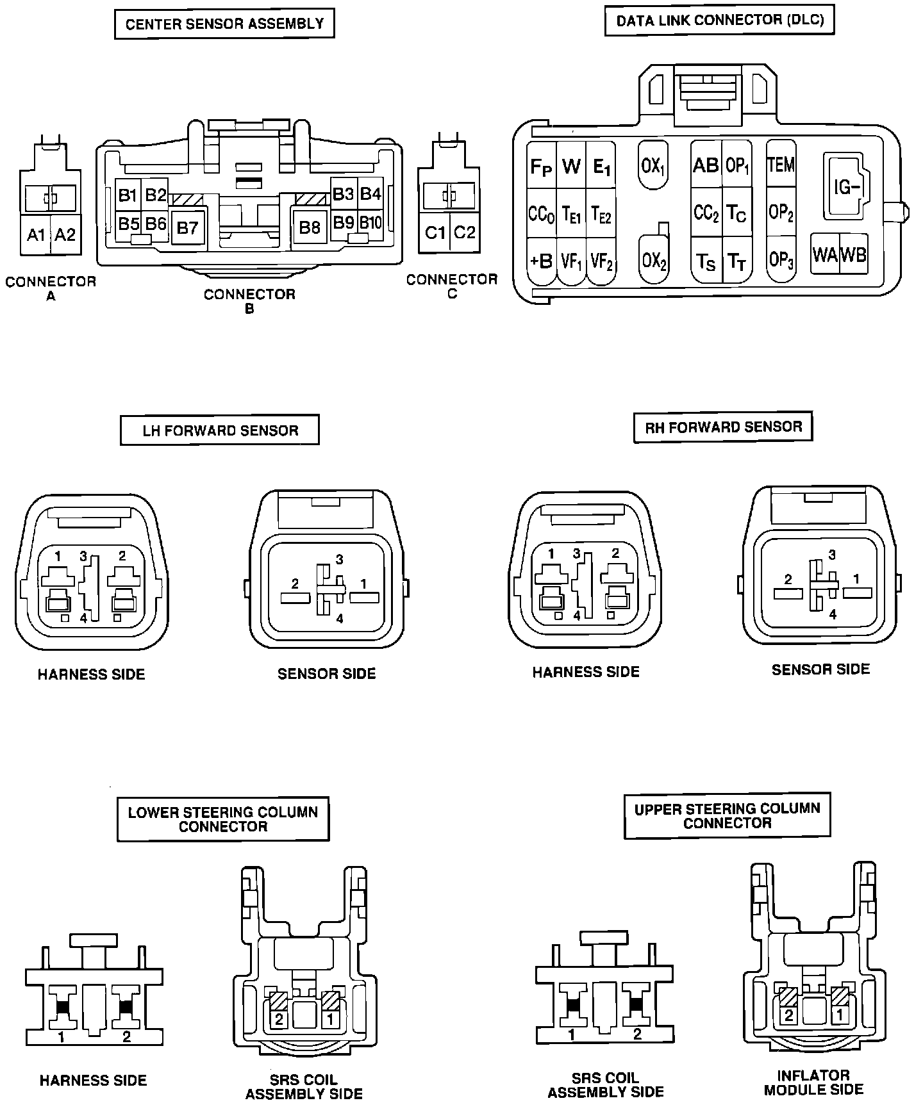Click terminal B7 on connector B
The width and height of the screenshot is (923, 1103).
click(188, 227)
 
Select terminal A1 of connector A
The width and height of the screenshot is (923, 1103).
click(36, 234)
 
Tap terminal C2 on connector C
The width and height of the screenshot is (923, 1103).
click(464, 233)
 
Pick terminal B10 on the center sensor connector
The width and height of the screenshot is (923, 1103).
click(370, 222)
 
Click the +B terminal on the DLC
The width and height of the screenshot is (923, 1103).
click(541, 261)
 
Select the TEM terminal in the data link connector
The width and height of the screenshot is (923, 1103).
click(781, 165)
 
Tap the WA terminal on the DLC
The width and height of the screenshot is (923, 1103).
click(825, 254)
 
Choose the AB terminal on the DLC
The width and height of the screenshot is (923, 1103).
click(706, 165)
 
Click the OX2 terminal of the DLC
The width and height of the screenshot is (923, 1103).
click(654, 260)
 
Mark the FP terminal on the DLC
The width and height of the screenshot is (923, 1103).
click(541, 165)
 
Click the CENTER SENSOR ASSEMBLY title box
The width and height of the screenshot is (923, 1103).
click(224, 24)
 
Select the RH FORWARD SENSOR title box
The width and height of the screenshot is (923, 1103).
click(723, 427)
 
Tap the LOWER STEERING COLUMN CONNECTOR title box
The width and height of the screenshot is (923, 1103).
click(223, 819)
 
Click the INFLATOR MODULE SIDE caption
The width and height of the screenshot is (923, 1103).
click(814, 1083)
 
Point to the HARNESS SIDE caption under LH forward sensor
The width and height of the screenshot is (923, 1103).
click(92, 674)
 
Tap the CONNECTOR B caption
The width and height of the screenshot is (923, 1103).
click(249, 301)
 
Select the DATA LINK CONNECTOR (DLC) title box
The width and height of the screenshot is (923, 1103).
click(720, 20)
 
